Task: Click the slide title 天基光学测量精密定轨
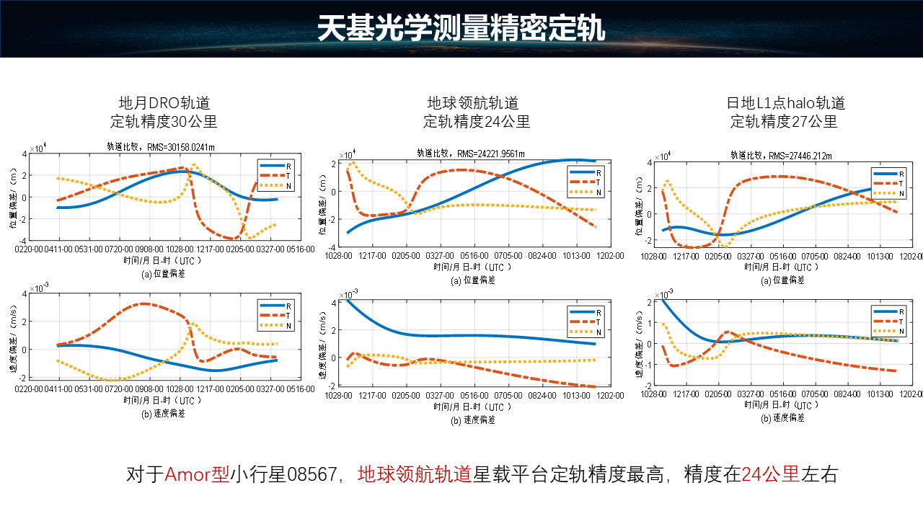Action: pyautogui.click(x=461, y=28)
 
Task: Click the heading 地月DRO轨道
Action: pyautogui.click(x=164, y=103)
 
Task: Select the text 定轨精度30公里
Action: pyautogui.click(x=164, y=121)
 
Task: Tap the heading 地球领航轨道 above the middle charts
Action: pyautogui.click(x=473, y=103)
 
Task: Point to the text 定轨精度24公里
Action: pyautogui.click(x=477, y=121)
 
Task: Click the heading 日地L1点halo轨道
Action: pyautogui.click(x=785, y=103)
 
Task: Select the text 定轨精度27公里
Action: pyautogui.click(x=785, y=121)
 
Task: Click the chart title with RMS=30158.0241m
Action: pyautogui.click(x=161, y=146)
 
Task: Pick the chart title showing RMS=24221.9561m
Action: pyautogui.click(x=472, y=153)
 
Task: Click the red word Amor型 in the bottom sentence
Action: pyautogui.click(x=197, y=474)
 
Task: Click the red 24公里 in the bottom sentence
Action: pyautogui.click(x=770, y=474)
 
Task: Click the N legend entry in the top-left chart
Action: pyautogui.click(x=281, y=185)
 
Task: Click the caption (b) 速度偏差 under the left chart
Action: pyautogui.click(x=164, y=413)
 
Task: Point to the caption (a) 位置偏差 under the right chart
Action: pyautogui.click(x=783, y=280)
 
